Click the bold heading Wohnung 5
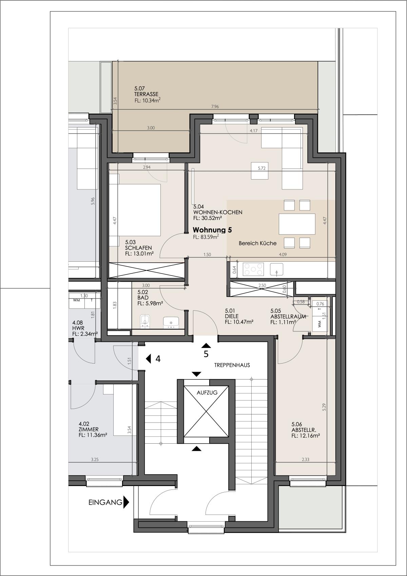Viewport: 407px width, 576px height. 212,230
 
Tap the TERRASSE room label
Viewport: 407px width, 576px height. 146,94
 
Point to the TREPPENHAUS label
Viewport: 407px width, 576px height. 232,365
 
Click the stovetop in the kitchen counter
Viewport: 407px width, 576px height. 253,269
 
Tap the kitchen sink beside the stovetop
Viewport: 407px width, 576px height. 276,269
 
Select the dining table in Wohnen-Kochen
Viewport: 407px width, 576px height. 297,224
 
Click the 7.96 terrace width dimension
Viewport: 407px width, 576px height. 215,107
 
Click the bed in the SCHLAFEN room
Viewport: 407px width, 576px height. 135,209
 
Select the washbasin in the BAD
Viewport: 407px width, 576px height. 171,322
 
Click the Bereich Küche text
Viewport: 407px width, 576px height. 257,243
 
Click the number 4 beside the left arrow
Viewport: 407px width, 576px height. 158,359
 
